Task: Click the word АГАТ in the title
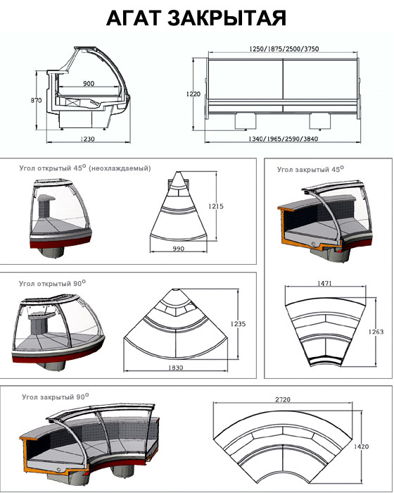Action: coord(134,18)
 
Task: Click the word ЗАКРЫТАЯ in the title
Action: coord(227,18)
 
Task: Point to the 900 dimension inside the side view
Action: coord(89,83)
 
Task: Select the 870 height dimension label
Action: coord(36,100)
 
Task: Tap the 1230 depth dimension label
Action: coord(87,139)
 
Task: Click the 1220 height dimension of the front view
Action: coord(193,94)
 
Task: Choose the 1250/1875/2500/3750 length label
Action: coord(284,49)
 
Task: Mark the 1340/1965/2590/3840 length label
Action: coord(283,139)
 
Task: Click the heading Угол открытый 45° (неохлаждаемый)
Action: coord(85,168)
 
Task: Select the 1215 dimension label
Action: coord(216,206)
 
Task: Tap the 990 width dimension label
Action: coord(179,249)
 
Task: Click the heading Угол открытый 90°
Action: coord(52,283)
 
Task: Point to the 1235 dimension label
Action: coord(238,323)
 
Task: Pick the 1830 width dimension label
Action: coord(175,367)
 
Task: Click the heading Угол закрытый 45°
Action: coord(310,169)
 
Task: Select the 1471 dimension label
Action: coord(324,283)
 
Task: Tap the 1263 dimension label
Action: coord(376,332)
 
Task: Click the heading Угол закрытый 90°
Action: coord(56,397)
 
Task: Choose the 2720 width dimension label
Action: coord(283,399)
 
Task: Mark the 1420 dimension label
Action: coord(362,447)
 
